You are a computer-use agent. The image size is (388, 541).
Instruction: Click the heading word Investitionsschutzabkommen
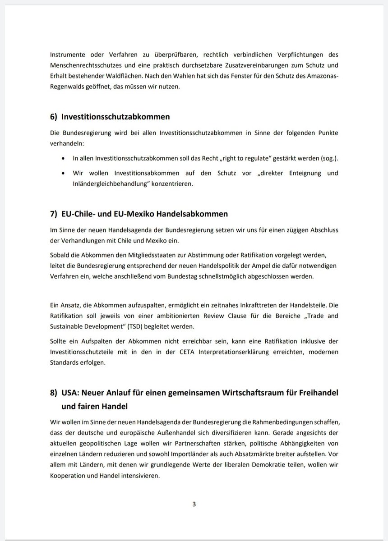[116, 117]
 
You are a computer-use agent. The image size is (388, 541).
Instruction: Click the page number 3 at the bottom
[194, 504]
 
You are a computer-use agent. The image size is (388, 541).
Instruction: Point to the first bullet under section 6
[63, 159]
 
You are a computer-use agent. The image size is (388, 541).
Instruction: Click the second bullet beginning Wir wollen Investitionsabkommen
[63, 173]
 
